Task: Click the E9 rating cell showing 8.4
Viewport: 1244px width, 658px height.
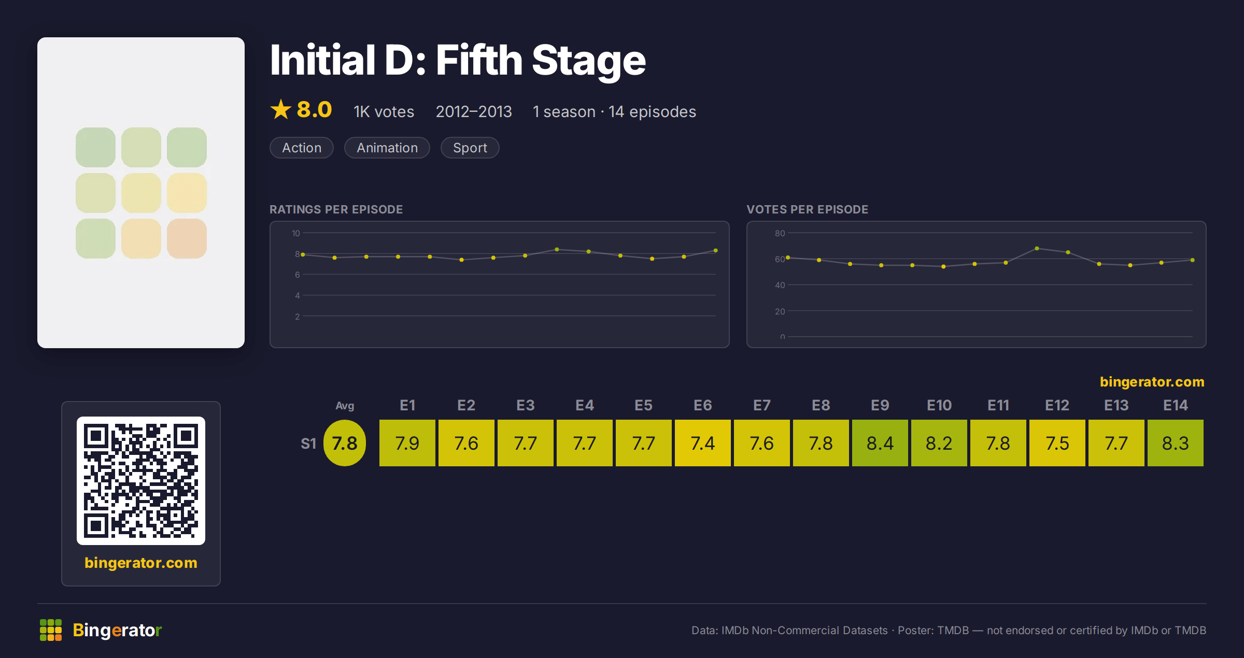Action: coord(880,443)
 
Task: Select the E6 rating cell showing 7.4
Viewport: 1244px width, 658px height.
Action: coord(702,443)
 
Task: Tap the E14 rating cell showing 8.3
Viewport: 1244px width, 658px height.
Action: coord(1175,443)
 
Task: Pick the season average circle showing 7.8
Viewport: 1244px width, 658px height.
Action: coord(345,443)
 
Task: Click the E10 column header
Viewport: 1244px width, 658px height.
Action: coord(939,405)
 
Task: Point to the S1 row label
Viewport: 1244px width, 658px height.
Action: coord(308,444)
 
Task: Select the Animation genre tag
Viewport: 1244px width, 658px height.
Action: coord(387,148)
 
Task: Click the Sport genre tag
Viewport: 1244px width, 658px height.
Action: coord(470,148)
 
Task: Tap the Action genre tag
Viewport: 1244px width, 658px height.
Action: coord(302,148)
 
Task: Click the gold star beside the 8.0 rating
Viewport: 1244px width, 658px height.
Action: coord(281,109)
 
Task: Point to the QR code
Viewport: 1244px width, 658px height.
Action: coord(141,481)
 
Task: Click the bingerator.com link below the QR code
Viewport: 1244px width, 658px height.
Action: coord(141,563)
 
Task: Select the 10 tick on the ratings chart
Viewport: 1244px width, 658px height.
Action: coord(296,233)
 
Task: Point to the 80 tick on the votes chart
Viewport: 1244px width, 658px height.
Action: coord(780,233)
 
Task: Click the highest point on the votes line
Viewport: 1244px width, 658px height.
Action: coord(1037,249)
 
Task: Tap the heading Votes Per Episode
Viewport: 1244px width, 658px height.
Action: coord(807,209)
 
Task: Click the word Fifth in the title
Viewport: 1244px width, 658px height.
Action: coord(479,60)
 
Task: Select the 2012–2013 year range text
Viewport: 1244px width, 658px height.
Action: coord(474,112)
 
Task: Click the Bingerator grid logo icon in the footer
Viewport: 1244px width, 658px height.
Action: coord(51,630)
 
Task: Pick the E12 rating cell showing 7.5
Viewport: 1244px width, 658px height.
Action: coord(1057,443)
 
